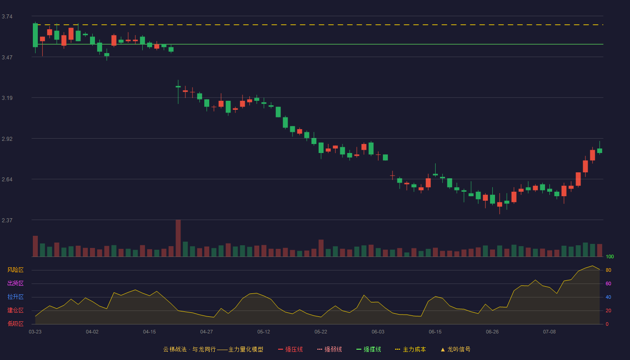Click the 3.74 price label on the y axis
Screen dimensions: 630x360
point(7,17)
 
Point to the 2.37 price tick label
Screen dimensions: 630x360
point(7,220)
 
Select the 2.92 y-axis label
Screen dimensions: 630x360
point(7,139)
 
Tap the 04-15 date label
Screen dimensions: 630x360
point(149,332)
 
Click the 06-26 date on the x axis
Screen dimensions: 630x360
point(492,332)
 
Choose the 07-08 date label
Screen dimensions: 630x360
point(549,332)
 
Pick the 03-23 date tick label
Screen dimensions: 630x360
point(35,332)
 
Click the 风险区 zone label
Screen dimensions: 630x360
point(15,270)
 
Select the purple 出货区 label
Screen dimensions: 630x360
point(15,283)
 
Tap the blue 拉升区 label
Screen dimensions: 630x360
point(15,297)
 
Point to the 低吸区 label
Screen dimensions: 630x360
point(15,324)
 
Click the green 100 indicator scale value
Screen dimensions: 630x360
point(610,256)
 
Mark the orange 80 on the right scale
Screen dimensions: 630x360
point(608,270)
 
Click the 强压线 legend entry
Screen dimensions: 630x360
point(290,349)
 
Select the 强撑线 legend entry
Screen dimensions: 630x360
point(369,349)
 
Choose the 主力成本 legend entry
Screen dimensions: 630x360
point(410,349)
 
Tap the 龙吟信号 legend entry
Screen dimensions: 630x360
point(455,349)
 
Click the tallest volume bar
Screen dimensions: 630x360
point(178,238)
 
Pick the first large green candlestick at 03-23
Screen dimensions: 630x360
point(35,35)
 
